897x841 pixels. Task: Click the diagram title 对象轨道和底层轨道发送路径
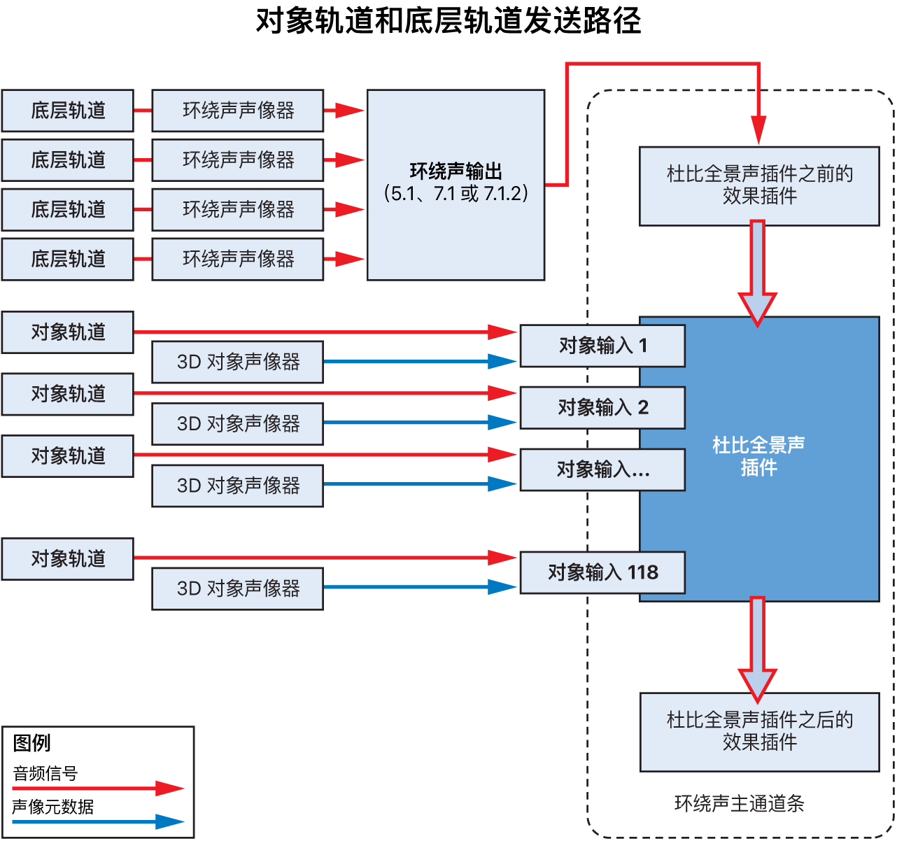coord(448,21)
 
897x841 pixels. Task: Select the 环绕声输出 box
coord(455,185)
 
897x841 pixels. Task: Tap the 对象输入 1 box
coord(602,346)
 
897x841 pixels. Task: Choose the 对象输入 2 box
coord(602,407)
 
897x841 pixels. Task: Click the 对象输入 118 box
coord(602,572)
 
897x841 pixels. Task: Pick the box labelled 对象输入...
coord(602,469)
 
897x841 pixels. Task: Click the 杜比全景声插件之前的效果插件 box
coord(759,185)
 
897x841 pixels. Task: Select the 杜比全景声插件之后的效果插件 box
coord(759,731)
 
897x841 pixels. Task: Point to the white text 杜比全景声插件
coord(758,456)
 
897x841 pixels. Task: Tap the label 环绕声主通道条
coord(739,803)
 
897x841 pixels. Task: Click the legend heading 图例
coord(32,742)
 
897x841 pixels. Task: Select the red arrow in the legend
coord(98,789)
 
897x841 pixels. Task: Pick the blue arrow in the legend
coord(98,821)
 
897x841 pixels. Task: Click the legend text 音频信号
coord(45,773)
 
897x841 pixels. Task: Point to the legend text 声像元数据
coord(53,807)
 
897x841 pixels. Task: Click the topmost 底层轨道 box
coord(67,111)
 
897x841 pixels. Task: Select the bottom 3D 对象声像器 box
coord(237,588)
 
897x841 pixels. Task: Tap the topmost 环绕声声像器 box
coord(237,111)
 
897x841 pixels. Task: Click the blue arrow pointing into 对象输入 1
coord(420,362)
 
